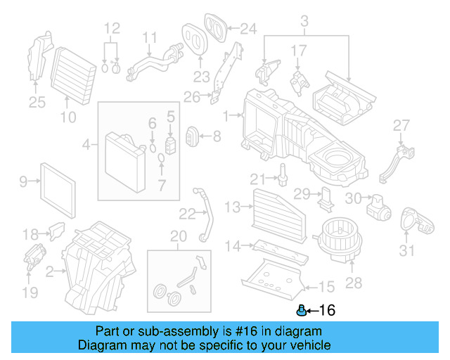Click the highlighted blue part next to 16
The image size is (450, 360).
302,309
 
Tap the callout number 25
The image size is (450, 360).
37,103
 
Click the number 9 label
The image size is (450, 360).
22,182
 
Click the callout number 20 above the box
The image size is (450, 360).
179,236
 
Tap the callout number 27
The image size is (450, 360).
400,125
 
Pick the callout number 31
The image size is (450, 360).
407,251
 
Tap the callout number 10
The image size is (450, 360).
67,117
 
